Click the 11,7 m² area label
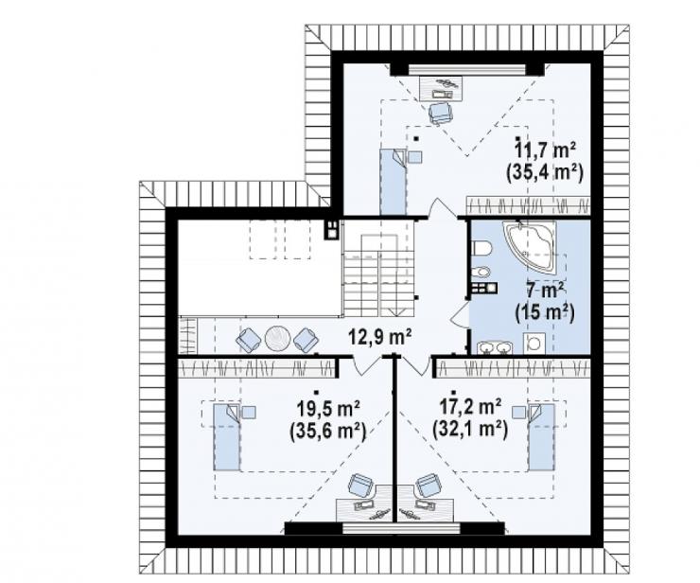pyautogui.click(x=545, y=150)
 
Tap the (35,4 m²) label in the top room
pyautogui.click(x=545, y=172)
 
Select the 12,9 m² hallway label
pyautogui.click(x=380, y=337)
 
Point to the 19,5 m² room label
pyautogui.click(x=328, y=407)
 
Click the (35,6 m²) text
pyautogui.click(x=327, y=431)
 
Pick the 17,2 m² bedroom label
pyautogui.click(x=470, y=407)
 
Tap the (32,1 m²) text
pyautogui.click(x=470, y=430)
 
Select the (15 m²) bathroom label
pyautogui.click(x=545, y=312)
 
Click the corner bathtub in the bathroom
pyautogui.click(x=533, y=243)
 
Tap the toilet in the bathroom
pyautogui.click(x=481, y=247)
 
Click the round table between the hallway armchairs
pyautogui.click(x=278, y=338)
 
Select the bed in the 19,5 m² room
pyautogui.click(x=227, y=436)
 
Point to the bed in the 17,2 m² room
pyautogui.click(x=541, y=436)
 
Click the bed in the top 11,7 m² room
pyautogui.click(x=394, y=182)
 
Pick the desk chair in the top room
pyautogui.click(x=441, y=112)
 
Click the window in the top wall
pyautogui.click(x=467, y=69)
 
